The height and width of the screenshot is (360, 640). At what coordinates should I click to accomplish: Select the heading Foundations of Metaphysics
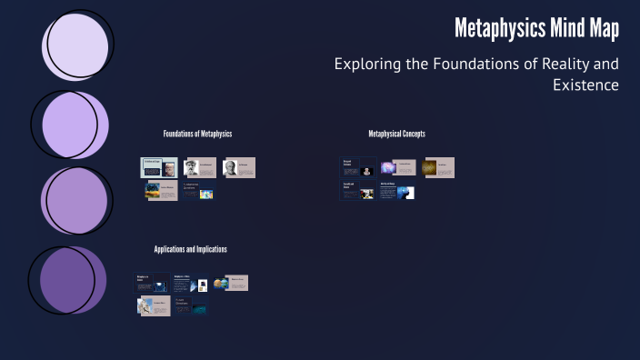[x=197, y=134]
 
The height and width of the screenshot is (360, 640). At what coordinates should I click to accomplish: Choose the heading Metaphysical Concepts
[x=396, y=134]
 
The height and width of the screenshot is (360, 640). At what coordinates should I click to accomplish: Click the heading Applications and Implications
[x=190, y=249]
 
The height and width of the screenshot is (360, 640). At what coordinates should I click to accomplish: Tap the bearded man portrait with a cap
[x=192, y=167]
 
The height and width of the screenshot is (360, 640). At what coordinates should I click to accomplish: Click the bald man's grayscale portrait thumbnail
[x=230, y=167]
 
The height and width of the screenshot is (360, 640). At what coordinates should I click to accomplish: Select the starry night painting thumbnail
[x=152, y=192]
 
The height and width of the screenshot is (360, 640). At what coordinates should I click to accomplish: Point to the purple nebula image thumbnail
[x=388, y=167]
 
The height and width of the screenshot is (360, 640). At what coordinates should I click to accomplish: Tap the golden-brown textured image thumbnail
[x=429, y=168]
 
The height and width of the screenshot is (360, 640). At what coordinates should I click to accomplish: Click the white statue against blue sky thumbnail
[x=145, y=306]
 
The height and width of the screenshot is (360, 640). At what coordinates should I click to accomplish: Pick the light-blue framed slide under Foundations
[x=156, y=167]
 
